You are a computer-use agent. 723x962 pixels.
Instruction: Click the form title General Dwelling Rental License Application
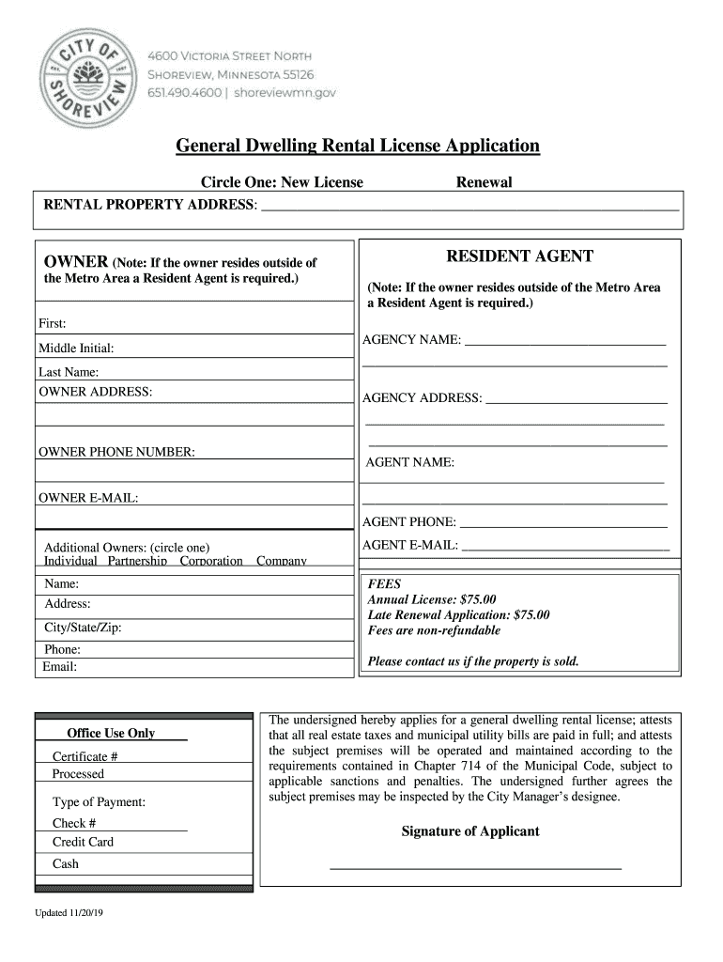[359, 146]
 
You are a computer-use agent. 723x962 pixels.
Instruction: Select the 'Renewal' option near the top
[484, 182]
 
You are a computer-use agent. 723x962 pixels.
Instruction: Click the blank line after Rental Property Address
[469, 206]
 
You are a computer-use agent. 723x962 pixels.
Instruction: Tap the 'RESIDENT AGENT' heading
[519, 256]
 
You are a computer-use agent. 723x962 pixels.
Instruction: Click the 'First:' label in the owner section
[53, 324]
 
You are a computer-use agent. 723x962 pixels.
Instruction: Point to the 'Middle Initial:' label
[76, 349]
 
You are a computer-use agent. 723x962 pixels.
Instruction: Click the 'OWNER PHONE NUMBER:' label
[116, 453]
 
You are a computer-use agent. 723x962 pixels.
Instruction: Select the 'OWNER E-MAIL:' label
[88, 498]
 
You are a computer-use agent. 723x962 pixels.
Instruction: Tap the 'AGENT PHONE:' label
[409, 522]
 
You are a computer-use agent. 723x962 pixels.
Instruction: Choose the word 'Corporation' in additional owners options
[210, 561]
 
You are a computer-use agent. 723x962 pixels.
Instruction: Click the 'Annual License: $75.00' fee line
[432, 599]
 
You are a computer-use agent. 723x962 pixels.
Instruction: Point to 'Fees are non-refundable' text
[434, 631]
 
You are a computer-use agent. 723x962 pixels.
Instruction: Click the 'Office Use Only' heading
[111, 734]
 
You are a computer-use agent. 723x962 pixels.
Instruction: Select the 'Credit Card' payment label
[83, 843]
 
